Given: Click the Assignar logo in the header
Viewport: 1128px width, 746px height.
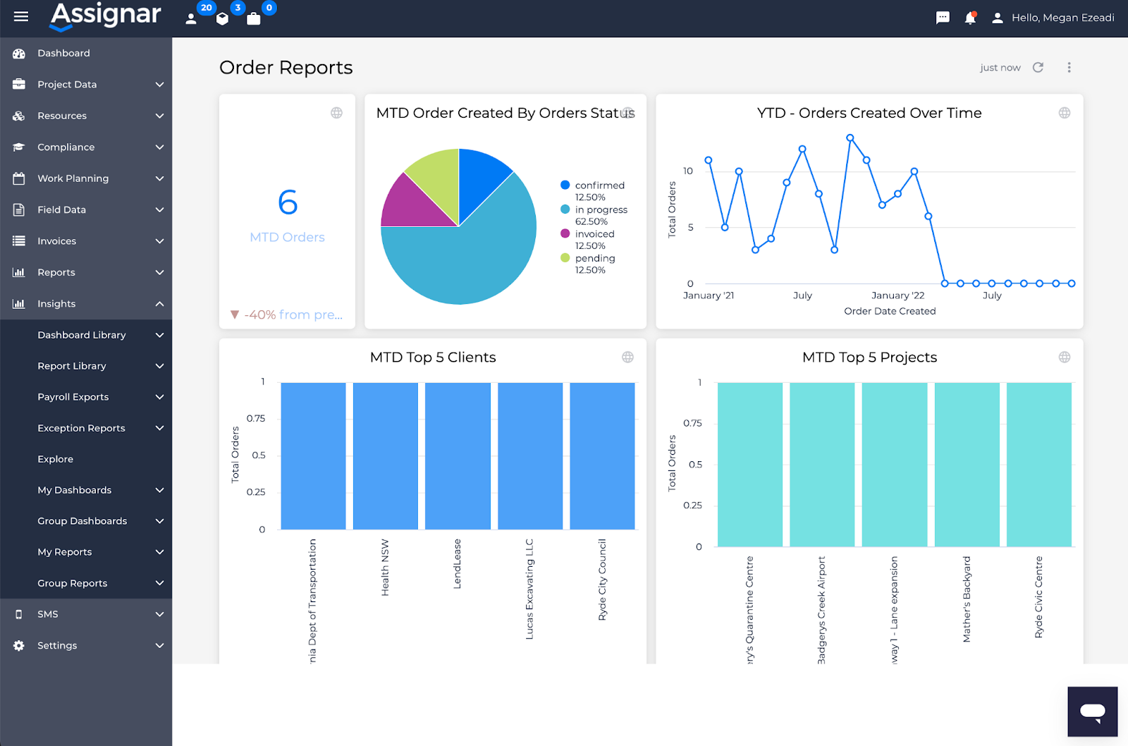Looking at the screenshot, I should point(106,16).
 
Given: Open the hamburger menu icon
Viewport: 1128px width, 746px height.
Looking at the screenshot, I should point(21,16).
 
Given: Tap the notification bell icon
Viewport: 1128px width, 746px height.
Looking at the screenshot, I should point(970,18).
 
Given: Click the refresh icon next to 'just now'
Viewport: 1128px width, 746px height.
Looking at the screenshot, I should point(1038,68).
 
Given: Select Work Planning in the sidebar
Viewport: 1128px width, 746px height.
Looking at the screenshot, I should point(73,178).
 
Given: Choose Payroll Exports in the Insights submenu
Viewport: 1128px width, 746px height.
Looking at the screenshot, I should point(73,397).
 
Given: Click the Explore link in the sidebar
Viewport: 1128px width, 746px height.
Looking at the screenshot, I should point(55,459).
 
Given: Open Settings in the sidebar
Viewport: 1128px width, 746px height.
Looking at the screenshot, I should point(57,645).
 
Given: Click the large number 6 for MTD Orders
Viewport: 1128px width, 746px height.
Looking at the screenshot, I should point(288,202).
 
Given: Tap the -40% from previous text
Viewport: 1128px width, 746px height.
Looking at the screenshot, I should point(293,314).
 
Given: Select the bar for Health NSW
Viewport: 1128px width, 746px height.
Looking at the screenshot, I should point(385,455).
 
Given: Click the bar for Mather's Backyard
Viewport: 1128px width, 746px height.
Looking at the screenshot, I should point(967,464).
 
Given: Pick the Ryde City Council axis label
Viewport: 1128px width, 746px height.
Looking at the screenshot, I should point(602,580).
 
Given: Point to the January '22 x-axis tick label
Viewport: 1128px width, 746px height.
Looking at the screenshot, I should point(897,295).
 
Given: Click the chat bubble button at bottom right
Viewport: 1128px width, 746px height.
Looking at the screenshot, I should point(1092,711).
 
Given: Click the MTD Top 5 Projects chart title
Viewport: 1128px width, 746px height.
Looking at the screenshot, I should point(869,357).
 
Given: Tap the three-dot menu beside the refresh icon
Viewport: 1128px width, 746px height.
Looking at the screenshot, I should point(1069,68).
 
